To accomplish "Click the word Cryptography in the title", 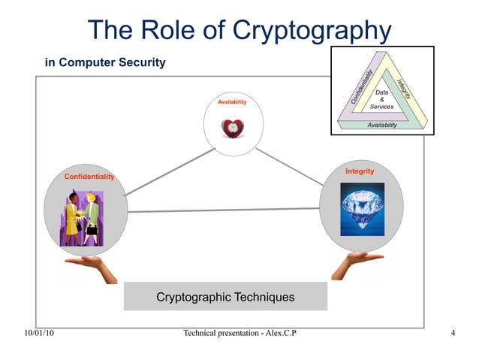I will (x=314, y=30).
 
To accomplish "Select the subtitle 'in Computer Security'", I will (x=105, y=62).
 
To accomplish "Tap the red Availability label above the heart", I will (x=232, y=101).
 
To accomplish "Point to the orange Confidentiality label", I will (x=89, y=176).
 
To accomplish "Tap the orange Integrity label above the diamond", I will (x=360, y=171).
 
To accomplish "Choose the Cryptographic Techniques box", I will (x=225, y=298).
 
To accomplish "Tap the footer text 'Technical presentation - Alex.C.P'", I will (x=239, y=333).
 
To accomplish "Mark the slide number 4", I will (x=453, y=333).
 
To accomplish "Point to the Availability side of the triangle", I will (x=381, y=125).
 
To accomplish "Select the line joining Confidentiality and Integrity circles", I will (x=224, y=210).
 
